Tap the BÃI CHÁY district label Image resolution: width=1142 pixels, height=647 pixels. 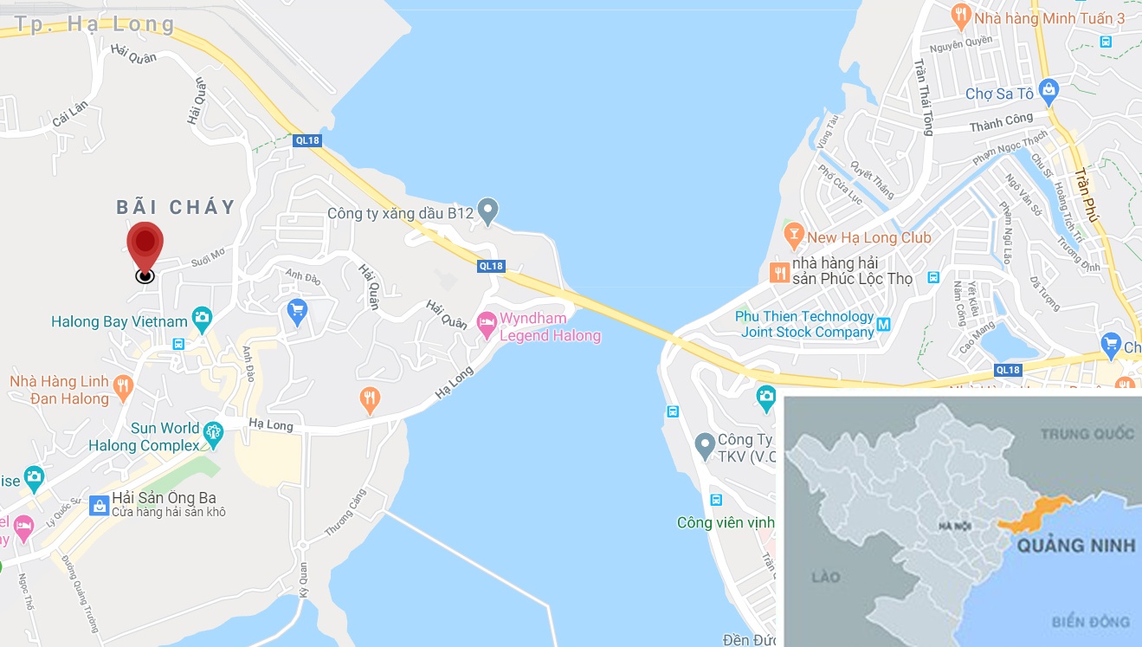click(x=177, y=207)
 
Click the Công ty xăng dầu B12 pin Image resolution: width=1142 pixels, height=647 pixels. click(x=488, y=209)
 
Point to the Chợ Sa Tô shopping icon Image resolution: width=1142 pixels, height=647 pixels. click(x=1048, y=88)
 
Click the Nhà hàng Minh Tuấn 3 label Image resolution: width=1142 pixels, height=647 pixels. click(x=1048, y=17)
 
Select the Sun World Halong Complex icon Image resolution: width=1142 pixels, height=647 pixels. click(x=213, y=430)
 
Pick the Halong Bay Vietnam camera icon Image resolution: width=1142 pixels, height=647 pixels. click(x=202, y=317)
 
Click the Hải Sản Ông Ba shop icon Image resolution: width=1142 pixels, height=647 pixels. click(x=100, y=502)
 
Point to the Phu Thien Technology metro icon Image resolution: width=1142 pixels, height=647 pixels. click(x=883, y=325)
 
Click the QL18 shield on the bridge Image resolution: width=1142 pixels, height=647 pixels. click(x=491, y=266)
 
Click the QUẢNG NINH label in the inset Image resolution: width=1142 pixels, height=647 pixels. click(x=1075, y=546)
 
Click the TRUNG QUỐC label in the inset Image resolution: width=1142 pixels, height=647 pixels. click(x=1087, y=433)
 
